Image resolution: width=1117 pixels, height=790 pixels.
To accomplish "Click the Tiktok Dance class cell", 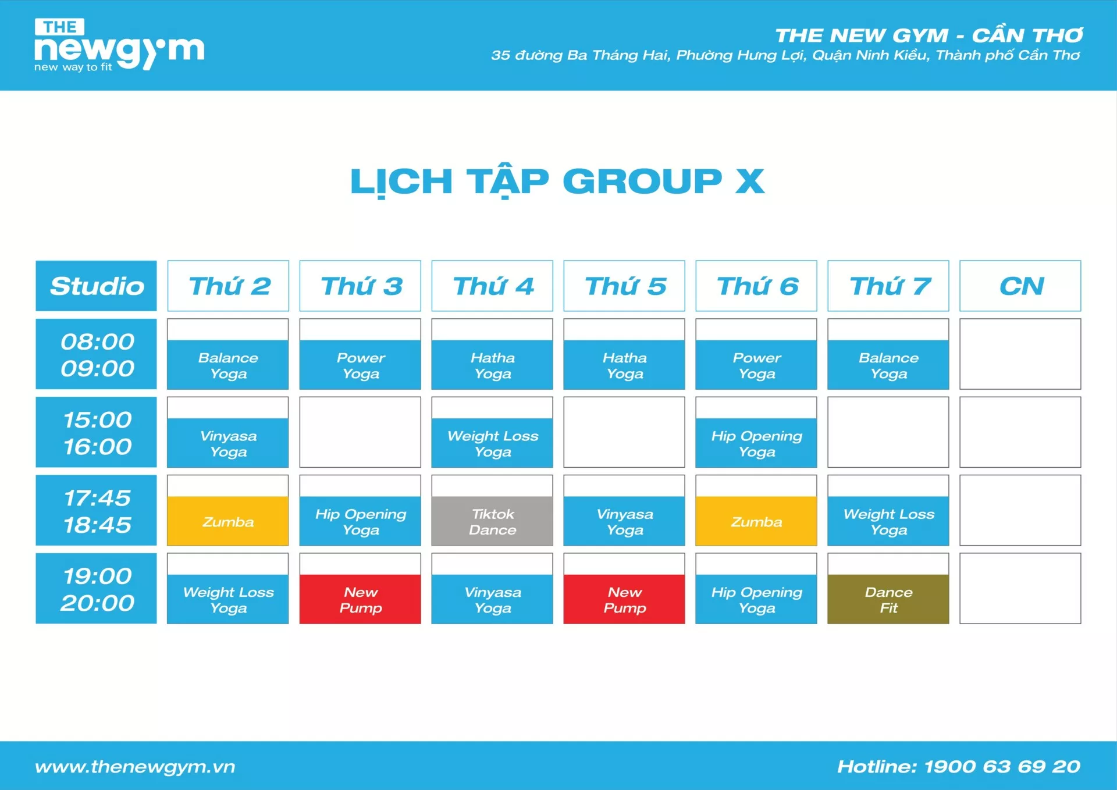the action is click(x=492, y=510).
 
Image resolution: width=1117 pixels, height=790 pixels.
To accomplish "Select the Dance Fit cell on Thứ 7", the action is click(x=888, y=588).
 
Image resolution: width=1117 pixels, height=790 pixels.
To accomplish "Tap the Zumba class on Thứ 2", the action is click(x=228, y=510).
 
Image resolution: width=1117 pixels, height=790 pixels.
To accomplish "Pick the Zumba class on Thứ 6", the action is click(x=756, y=510).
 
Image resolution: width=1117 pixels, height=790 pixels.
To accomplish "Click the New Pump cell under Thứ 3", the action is click(x=360, y=588).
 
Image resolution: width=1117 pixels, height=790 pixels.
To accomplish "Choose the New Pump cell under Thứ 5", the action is click(x=624, y=588).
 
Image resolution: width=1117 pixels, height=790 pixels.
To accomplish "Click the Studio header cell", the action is click(x=97, y=286).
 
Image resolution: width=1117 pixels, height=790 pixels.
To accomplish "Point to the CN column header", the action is click(x=1020, y=286).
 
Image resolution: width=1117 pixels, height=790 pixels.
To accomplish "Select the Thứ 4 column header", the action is click(x=492, y=286).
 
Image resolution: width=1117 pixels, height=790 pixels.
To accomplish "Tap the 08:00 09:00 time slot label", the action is click(x=97, y=354).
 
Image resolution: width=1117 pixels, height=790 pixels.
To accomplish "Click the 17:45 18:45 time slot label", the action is click(x=97, y=510).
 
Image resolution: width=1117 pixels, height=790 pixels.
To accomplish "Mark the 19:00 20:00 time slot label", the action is click(x=97, y=588).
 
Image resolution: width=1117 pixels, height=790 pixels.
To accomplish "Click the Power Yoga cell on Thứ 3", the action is click(x=360, y=354).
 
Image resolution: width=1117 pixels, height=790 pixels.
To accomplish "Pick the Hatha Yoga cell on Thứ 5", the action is click(x=624, y=354).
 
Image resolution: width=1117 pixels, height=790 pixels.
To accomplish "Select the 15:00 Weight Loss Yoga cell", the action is click(x=492, y=432).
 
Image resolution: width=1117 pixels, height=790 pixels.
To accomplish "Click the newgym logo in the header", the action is click(x=119, y=45).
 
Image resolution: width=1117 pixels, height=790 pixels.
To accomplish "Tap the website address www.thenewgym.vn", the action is click(x=135, y=767).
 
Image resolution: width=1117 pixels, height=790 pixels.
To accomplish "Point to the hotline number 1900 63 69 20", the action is click(x=1002, y=766).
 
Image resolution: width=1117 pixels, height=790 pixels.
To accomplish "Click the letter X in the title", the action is click(x=750, y=181).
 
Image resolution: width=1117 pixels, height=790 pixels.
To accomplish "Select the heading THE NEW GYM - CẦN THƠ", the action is click(x=929, y=35).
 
